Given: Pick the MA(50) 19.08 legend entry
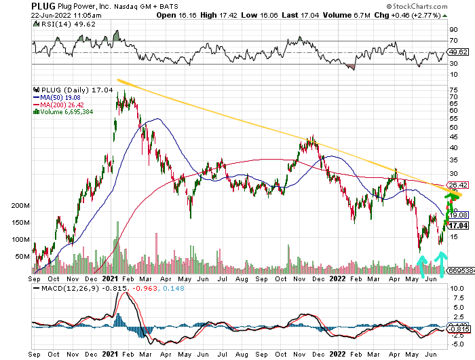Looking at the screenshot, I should (x=60, y=96).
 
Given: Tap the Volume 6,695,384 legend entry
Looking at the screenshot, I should (x=67, y=111).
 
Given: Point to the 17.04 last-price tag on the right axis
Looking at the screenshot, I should (x=459, y=225).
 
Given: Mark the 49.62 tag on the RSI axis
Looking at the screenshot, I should (x=459, y=51).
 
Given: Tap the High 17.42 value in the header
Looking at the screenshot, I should (x=218, y=14).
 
